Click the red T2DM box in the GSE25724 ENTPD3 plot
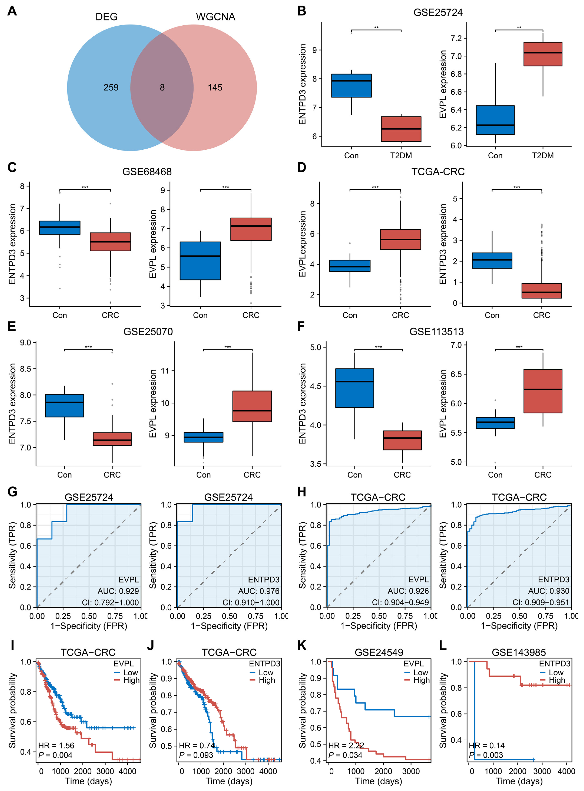[x=401, y=129]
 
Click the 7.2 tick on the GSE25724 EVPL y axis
[x=456, y=38]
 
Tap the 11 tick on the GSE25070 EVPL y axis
[x=165, y=371]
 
